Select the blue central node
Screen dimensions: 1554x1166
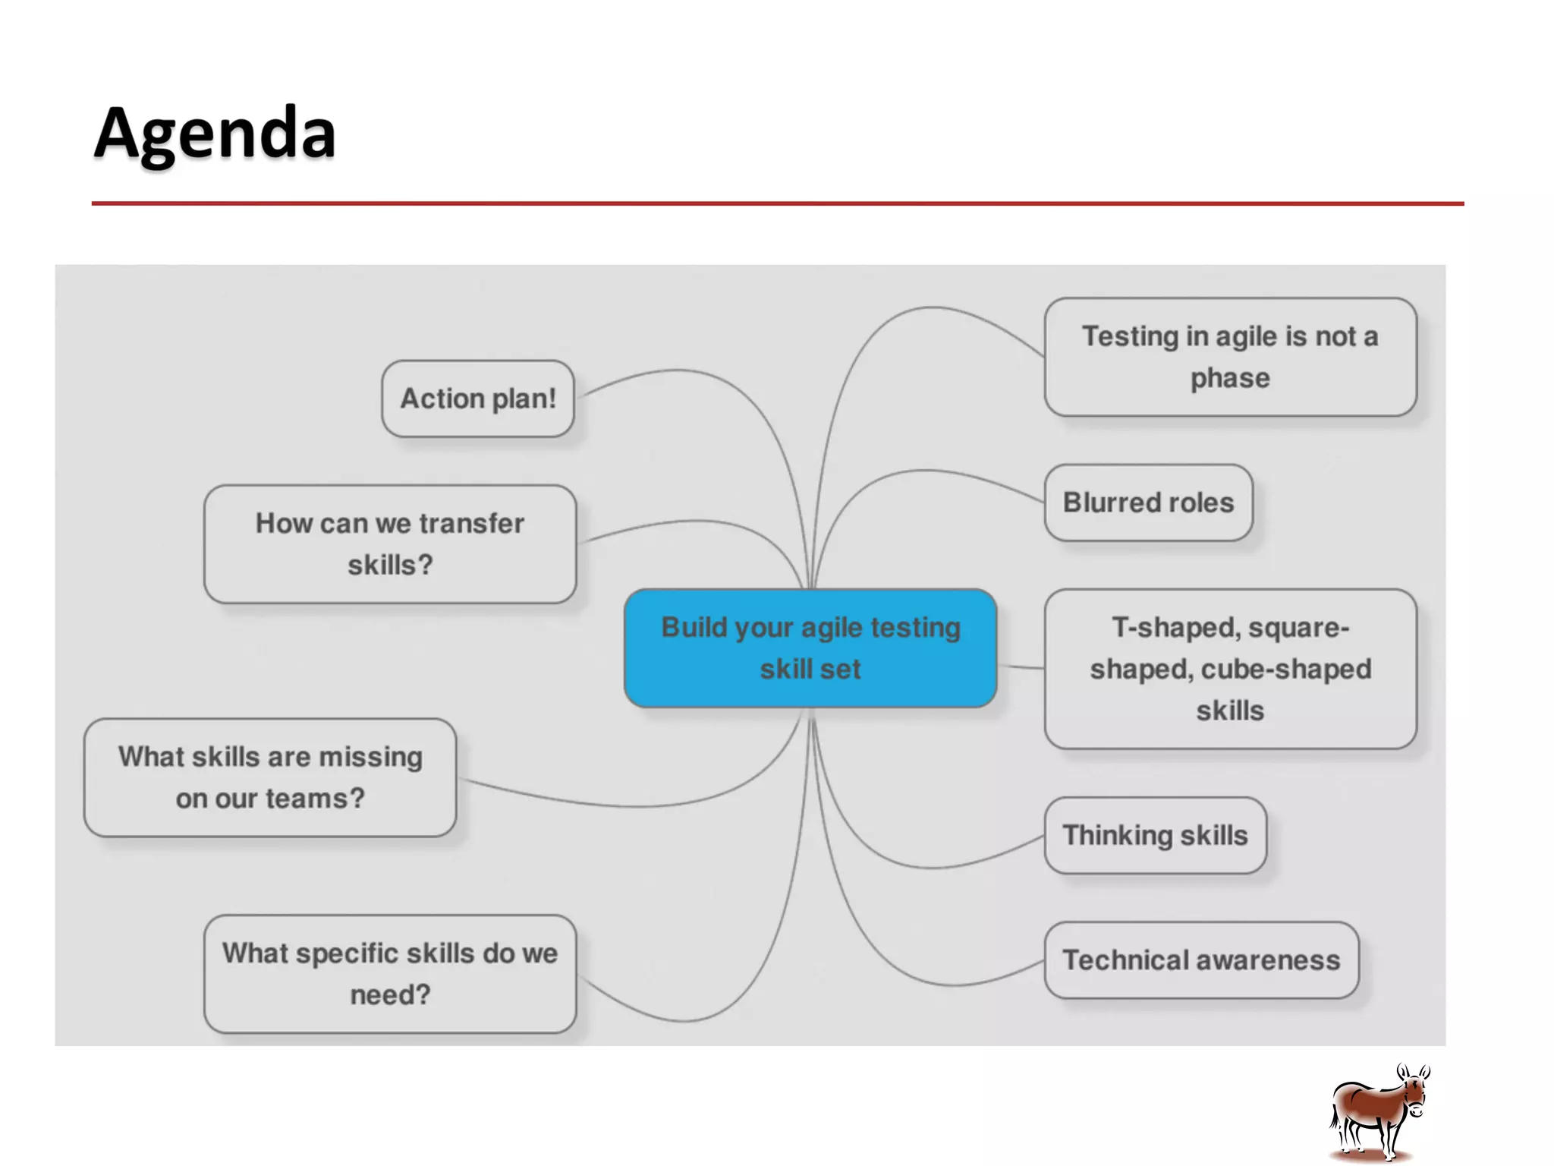click(x=810, y=648)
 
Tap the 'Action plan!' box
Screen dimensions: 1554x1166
click(x=478, y=399)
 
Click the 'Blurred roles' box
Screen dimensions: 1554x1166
click(x=1148, y=503)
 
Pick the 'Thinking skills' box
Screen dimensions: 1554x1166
click(x=1155, y=835)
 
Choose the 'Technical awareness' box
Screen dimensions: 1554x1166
click(x=1201, y=960)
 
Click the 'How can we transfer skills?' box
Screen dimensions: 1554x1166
click(x=390, y=544)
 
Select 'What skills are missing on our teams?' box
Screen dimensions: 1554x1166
click(x=270, y=777)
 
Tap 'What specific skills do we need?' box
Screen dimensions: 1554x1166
click(x=390, y=974)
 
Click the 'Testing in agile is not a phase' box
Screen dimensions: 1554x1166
click(x=1230, y=357)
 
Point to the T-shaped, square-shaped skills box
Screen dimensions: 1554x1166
click(x=1230, y=669)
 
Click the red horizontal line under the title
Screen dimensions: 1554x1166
click(x=777, y=203)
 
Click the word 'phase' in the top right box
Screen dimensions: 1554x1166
click(x=1230, y=378)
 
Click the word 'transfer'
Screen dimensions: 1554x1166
click(x=471, y=524)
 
